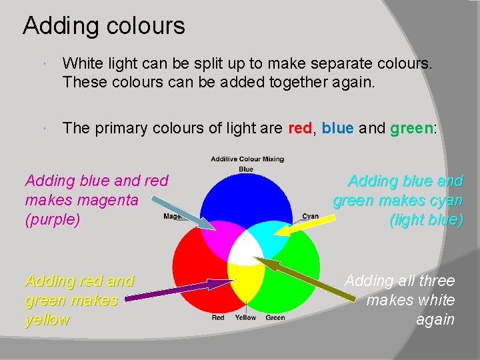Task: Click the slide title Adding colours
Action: point(103,26)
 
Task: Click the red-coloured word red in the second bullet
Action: point(299,128)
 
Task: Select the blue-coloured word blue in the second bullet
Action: point(337,128)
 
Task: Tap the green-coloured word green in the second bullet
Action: point(411,128)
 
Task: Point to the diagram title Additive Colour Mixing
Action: point(247,159)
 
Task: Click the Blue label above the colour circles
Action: point(246,169)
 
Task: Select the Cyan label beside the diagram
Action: point(310,216)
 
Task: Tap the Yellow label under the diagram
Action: point(245,318)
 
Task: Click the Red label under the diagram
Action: point(218,318)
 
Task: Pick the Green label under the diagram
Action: point(275,318)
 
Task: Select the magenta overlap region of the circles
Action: point(219,236)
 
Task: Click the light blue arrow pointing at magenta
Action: point(180,209)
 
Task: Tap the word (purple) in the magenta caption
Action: point(52,219)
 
